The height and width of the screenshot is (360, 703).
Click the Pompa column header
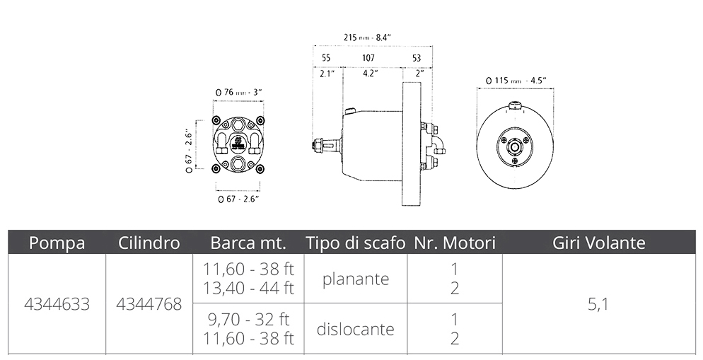57,243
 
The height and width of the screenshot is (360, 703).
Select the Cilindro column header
149,243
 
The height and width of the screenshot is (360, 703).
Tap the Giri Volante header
599,243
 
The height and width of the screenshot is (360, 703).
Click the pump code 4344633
57,304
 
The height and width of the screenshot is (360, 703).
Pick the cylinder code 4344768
149,304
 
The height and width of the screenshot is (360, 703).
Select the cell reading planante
356,279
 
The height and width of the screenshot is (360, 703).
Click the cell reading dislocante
356,329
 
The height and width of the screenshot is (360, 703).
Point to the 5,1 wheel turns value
598,305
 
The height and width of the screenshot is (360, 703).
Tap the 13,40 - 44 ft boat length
248,288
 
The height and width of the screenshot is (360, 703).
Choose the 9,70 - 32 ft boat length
248,319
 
